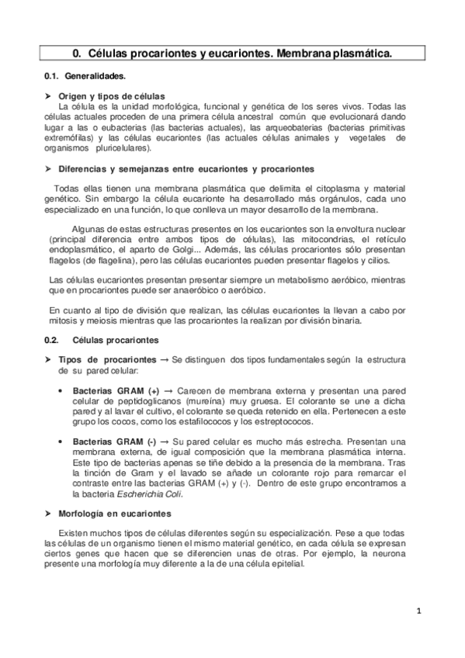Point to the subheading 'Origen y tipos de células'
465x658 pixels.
pos(112,95)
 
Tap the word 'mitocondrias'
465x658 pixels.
pos(309,239)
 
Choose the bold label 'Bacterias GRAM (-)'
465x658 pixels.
pos(114,440)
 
